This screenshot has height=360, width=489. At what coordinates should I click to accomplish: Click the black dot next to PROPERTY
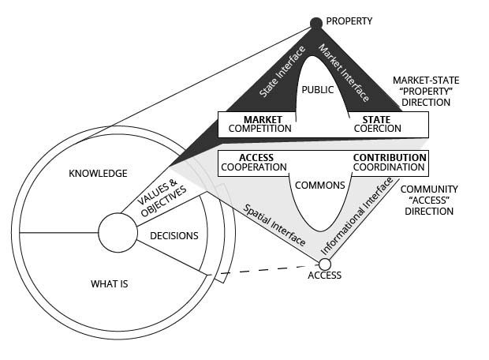click(316, 23)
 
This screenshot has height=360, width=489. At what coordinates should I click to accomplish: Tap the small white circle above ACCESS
click(325, 264)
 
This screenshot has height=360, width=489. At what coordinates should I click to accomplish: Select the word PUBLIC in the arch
click(318, 90)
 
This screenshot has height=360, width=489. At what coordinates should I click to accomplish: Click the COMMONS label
click(320, 186)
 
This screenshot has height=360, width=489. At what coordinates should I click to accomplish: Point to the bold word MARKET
click(263, 119)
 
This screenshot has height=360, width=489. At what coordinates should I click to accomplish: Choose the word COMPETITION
click(259, 129)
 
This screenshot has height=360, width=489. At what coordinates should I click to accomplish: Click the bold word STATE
click(376, 119)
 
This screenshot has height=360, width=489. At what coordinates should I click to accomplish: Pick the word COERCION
click(377, 129)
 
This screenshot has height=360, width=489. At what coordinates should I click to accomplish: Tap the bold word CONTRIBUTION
click(390, 158)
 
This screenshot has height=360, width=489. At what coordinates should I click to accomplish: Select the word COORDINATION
click(389, 167)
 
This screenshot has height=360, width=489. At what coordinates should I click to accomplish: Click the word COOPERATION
click(254, 167)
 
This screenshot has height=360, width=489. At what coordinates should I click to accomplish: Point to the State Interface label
click(282, 72)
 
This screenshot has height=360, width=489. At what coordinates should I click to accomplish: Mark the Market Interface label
click(343, 73)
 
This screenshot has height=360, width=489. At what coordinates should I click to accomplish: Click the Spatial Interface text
click(274, 225)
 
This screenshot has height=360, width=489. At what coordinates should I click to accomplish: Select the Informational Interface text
click(356, 216)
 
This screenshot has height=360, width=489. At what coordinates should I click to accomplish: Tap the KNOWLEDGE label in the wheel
click(98, 173)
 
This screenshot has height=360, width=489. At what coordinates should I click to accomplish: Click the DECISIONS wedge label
click(174, 236)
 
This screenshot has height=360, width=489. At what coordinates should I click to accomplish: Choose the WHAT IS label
click(109, 284)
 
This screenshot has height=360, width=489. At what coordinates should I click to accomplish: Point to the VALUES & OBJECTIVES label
click(162, 197)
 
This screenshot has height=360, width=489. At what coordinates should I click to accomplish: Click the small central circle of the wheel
click(118, 233)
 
